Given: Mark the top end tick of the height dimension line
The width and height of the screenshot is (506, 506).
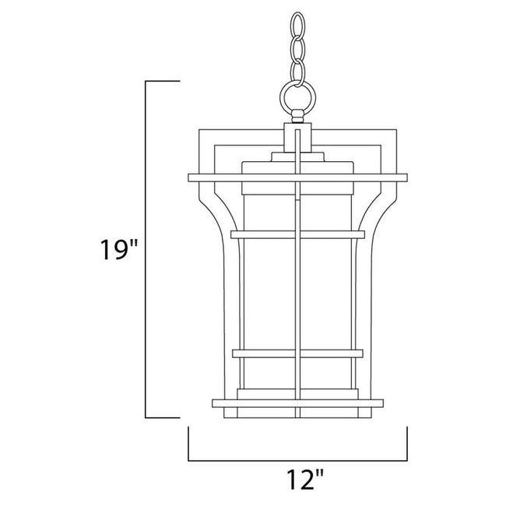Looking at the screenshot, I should tap(163, 80).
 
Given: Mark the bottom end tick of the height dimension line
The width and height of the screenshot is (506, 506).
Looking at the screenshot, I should tap(163, 418).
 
